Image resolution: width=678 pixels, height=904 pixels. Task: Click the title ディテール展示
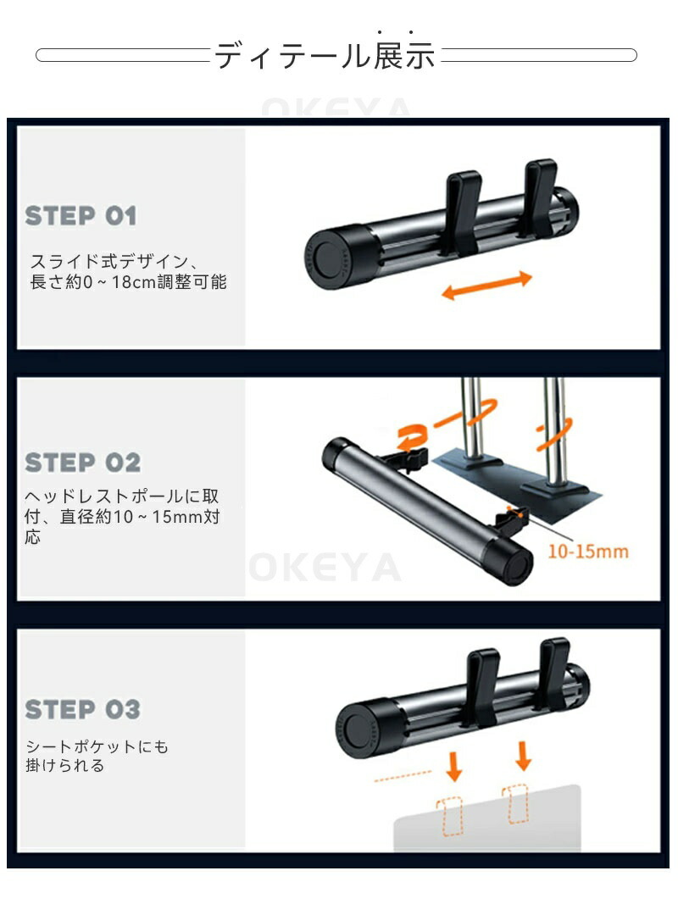tap(325, 55)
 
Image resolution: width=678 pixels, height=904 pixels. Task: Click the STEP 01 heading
tap(81, 216)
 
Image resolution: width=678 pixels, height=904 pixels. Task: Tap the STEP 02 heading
tap(82, 463)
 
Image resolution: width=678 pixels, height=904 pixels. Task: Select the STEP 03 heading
tap(82, 709)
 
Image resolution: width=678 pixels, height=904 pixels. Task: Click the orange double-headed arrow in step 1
tap(486, 285)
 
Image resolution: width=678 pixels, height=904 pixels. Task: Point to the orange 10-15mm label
tap(587, 552)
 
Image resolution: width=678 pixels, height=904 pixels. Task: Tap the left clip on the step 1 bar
tap(462, 212)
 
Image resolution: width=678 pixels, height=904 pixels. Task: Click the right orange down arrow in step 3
tap(524, 756)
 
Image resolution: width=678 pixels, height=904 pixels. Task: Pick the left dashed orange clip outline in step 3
tap(450, 816)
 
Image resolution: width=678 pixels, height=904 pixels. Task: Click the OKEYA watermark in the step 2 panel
tap(325, 567)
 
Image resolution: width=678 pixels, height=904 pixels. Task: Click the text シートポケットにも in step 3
tap(97, 746)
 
